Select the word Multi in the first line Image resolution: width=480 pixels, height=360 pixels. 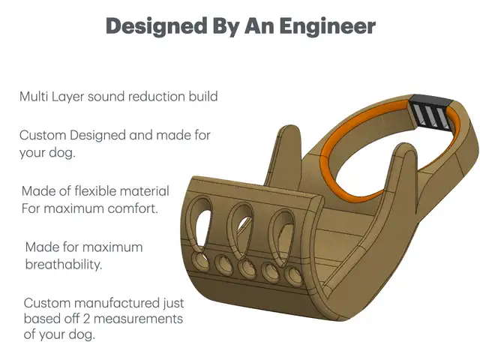34,97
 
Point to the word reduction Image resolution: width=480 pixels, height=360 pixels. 158,97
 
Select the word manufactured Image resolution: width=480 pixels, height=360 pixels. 118,303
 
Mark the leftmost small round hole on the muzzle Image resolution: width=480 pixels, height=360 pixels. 199,260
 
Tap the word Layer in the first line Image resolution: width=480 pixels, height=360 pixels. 67,97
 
